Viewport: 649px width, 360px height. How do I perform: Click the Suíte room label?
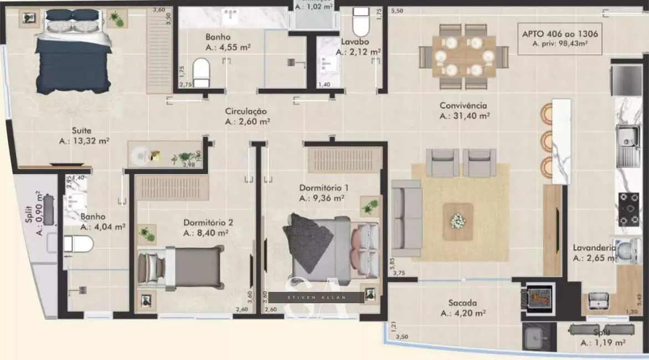tap(81, 131)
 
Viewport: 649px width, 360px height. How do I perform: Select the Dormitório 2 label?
tap(208, 223)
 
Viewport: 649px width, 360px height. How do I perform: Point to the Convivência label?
tap(463, 105)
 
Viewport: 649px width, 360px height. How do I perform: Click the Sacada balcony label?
tap(462, 303)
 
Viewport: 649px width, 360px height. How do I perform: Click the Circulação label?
tap(246, 111)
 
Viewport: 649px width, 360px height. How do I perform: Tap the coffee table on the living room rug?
tap(458, 221)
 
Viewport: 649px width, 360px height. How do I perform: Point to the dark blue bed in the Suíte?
tap(73, 53)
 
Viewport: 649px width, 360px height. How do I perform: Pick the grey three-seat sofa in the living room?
tap(406, 218)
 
